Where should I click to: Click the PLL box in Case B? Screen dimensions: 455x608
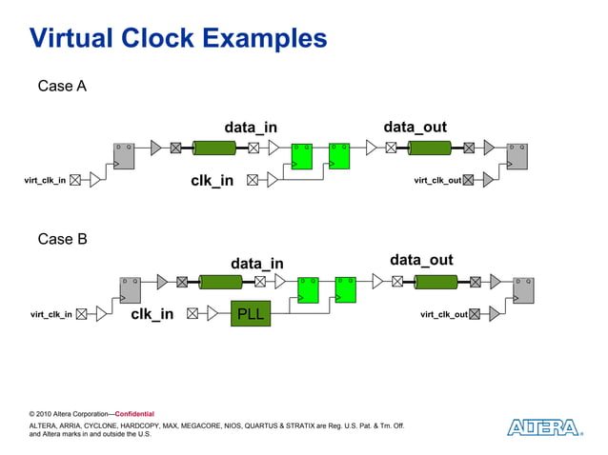click(x=251, y=314)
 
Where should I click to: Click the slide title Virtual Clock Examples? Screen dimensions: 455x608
click(x=178, y=39)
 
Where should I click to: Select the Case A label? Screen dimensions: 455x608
click(x=62, y=87)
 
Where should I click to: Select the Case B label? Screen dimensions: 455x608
click(x=62, y=239)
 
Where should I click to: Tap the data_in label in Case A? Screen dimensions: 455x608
click(x=251, y=128)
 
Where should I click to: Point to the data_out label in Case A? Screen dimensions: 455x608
click(x=415, y=127)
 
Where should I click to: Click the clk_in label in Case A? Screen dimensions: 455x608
click(x=212, y=181)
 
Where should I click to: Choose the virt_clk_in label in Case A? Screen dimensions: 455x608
click(x=45, y=181)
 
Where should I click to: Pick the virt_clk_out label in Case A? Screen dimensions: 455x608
click(x=437, y=180)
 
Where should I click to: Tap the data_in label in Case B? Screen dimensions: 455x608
click(x=256, y=263)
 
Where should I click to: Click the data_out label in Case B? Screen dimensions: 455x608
click(x=421, y=261)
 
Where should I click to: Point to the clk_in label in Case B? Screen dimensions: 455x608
click(x=152, y=314)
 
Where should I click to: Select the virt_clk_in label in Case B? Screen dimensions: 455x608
click(x=51, y=314)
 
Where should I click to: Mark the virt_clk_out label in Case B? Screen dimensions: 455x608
click(x=444, y=314)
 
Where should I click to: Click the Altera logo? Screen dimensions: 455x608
click(x=543, y=427)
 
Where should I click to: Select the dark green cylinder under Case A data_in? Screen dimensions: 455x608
click(x=214, y=148)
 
